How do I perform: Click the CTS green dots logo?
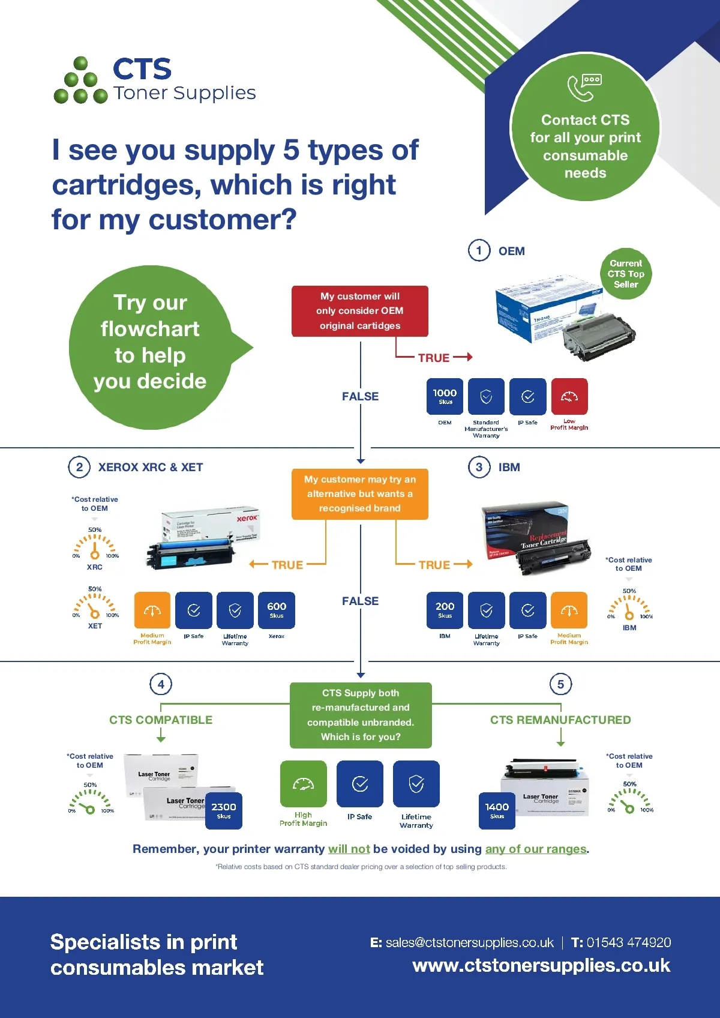coord(80,81)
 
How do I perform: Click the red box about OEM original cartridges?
coord(360,311)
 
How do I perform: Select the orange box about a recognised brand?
coord(360,494)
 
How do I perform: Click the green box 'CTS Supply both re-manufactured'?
coord(361,715)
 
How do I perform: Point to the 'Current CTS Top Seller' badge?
coord(626,274)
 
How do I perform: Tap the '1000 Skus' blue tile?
coord(445,396)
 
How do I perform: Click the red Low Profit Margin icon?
coord(569,396)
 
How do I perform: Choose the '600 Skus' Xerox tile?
coord(277,610)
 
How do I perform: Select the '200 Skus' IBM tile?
coord(445,610)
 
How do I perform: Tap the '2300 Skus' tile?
coord(224,810)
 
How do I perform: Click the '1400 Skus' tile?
coord(497,810)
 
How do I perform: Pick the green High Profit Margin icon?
coord(303,784)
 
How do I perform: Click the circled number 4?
coord(161,684)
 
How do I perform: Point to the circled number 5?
coord(560,684)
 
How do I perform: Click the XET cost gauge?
coord(95,605)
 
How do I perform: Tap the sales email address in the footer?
coord(469,942)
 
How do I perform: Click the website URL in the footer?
coord(541,966)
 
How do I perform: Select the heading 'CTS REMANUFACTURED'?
coord(560,720)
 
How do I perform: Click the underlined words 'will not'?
coord(349,849)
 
